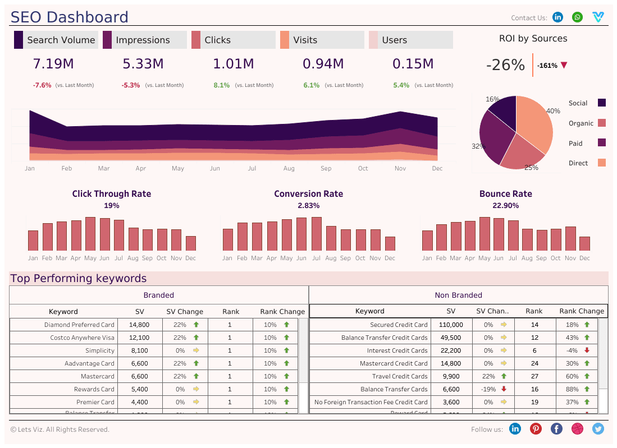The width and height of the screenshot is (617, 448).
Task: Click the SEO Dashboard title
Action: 70,17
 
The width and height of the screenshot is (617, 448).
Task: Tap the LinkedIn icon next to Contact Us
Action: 557,17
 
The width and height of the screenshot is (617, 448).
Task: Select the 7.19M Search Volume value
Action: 53,64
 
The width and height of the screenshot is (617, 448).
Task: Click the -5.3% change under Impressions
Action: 130,85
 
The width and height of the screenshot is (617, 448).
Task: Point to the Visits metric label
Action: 305,40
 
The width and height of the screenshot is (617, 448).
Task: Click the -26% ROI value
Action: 505,65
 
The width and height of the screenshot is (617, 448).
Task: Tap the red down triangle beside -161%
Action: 564,65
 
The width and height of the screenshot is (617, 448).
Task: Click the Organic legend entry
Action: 581,123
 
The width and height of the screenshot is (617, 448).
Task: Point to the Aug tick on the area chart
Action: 289,168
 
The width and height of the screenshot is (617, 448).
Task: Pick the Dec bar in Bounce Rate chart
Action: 584,243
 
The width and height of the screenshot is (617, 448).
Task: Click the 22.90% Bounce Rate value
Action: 505,206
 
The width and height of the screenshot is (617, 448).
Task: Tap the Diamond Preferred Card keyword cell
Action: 79,325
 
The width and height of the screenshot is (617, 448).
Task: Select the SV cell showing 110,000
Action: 451,325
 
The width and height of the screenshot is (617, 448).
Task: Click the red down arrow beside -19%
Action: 504,389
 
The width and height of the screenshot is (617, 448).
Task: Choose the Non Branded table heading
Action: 458,295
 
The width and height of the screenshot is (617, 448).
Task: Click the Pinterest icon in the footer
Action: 536,429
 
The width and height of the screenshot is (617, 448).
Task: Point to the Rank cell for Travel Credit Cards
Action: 534,376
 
